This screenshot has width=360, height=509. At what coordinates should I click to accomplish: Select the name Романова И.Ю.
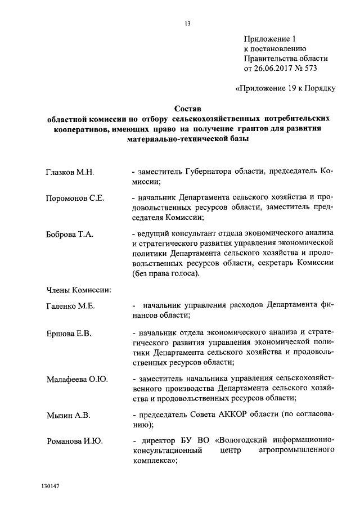[x=74, y=442]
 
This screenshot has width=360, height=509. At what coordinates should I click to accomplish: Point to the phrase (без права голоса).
[x=165, y=273]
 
